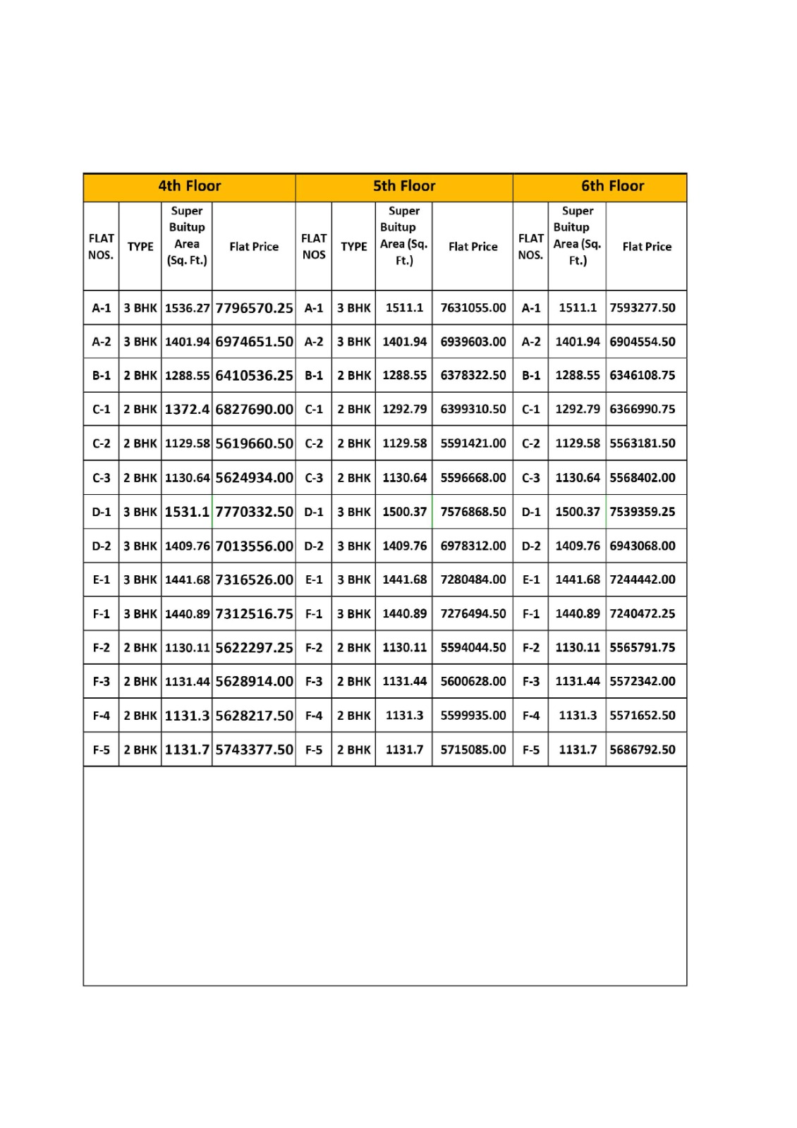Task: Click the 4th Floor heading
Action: (x=189, y=186)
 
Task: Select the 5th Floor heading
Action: (x=404, y=186)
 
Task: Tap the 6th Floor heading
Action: (x=612, y=186)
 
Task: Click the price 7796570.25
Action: (x=254, y=308)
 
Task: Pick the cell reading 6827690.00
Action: (x=254, y=410)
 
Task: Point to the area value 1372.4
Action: (x=187, y=410)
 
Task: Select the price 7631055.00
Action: (x=473, y=308)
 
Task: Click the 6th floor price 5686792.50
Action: (x=643, y=749)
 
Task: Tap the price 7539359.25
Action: (x=643, y=512)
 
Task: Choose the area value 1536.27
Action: (x=187, y=308)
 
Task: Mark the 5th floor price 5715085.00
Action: (x=473, y=749)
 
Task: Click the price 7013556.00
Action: (x=254, y=546)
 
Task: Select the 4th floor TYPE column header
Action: (x=140, y=247)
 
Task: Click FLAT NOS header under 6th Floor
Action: (x=530, y=247)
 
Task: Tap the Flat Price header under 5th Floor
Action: (x=473, y=247)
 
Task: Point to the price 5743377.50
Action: (x=254, y=749)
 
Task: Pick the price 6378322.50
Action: (x=473, y=376)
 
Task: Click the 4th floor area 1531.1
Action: (x=187, y=512)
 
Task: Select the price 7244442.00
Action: (x=643, y=580)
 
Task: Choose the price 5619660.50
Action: (x=254, y=443)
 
